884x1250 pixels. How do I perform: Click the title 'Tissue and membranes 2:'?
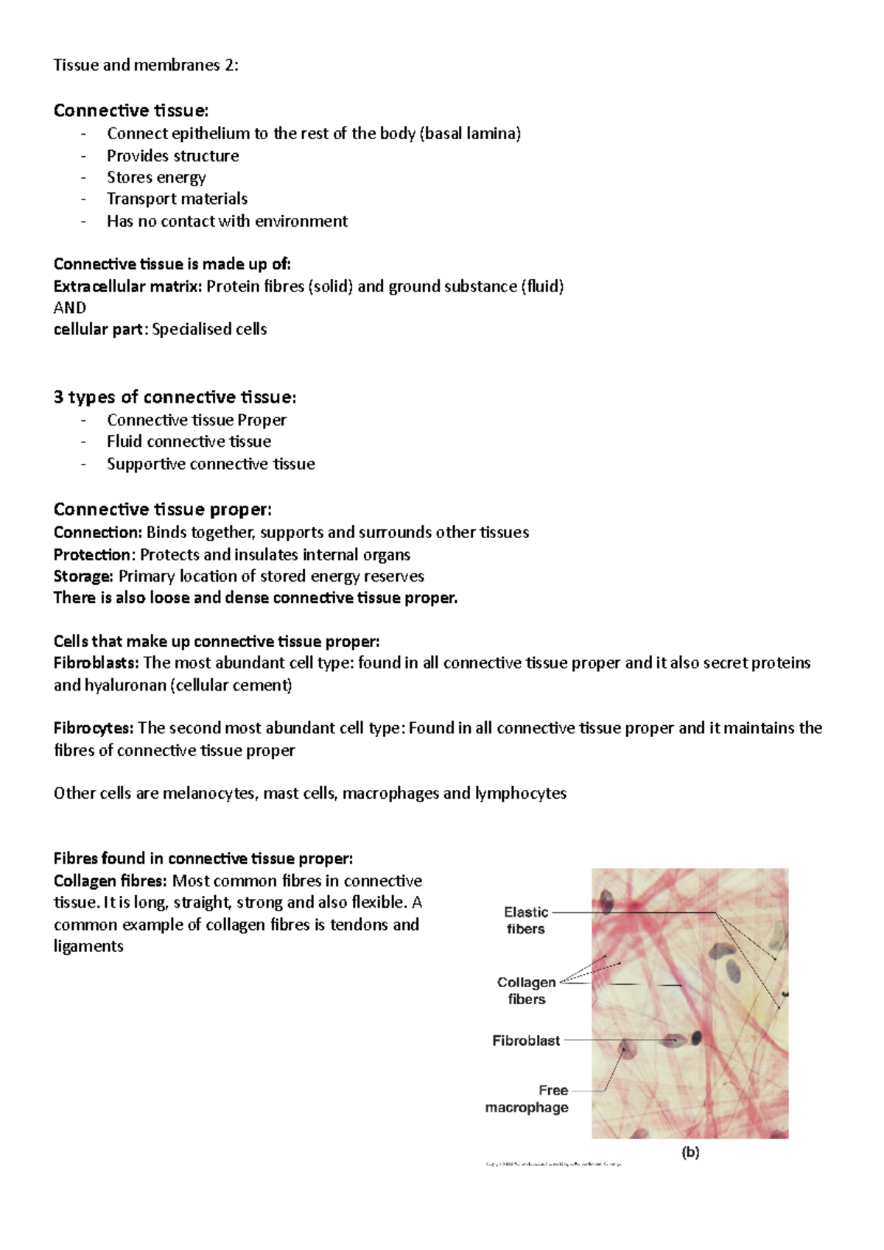tap(146, 65)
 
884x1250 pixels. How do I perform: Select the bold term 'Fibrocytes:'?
tap(94, 728)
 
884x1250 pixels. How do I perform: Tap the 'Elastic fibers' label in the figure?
tap(526, 920)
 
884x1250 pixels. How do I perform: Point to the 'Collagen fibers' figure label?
tap(526, 990)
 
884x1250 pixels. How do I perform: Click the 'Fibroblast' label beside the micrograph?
tap(526, 1040)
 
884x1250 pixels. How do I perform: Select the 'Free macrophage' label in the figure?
tap(527, 1098)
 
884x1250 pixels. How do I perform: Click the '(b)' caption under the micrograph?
tap(690, 1153)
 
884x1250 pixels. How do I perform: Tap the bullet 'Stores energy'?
tap(156, 177)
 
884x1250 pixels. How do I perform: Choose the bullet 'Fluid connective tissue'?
tap(189, 442)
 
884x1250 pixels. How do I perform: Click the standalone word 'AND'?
tap(70, 308)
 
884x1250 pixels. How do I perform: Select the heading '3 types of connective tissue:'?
tap(175, 398)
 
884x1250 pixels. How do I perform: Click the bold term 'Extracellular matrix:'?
tap(127, 286)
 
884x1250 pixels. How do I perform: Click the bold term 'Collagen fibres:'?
tap(110, 881)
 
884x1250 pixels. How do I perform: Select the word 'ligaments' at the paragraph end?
tap(88, 947)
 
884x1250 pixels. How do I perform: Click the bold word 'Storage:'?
tap(83, 576)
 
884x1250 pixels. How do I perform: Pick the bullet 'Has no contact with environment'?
tap(227, 222)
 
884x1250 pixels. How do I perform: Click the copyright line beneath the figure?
tap(553, 1165)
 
